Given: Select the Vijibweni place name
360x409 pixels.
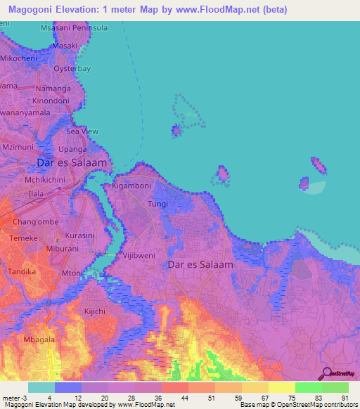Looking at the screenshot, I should tap(139, 257).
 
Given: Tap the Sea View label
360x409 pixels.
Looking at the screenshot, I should tap(82, 131).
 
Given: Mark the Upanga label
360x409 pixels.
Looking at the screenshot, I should tap(72, 149).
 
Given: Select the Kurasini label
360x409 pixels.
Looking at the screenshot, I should tap(79, 236).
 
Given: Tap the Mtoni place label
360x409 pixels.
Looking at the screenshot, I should tap(72, 273).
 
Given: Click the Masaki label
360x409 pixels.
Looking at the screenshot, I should tap(65, 46).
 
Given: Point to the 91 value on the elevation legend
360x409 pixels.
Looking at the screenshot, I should tap(344, 397).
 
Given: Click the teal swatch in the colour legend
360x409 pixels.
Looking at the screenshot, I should tap(41, 387).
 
